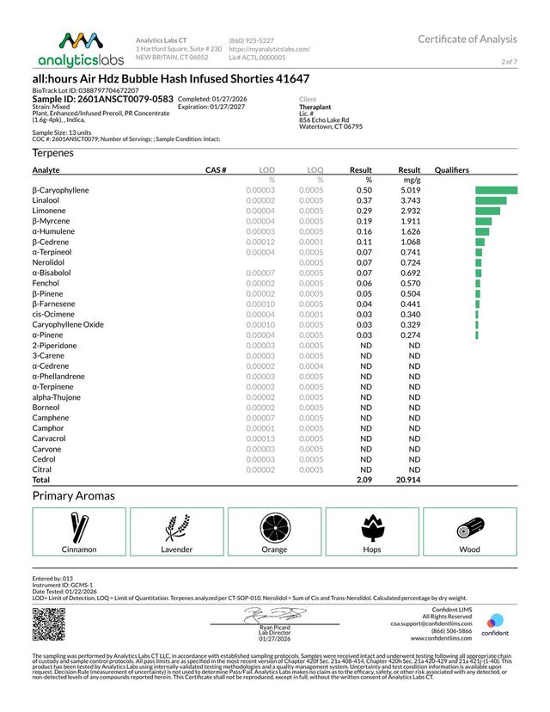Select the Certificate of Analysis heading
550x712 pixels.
[467, 39]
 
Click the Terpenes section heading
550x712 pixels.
[53, 152]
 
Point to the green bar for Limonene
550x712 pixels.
[486, 211]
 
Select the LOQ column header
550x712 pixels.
[315, 171]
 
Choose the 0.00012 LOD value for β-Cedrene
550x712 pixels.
[260, 242]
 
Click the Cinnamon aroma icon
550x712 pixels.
[79, 525]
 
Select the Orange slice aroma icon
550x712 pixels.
[275, 525]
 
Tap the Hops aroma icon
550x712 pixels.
[373, 525]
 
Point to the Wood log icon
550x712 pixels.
[470, 525]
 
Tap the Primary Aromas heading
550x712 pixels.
[73, 496]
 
